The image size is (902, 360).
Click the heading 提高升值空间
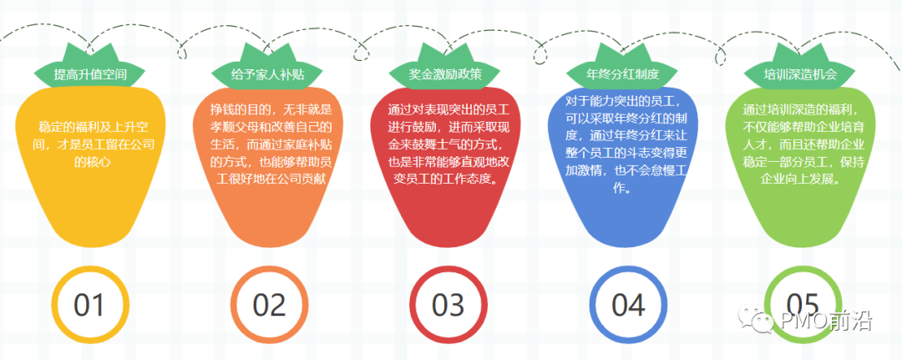90,74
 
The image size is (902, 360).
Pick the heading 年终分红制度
623,74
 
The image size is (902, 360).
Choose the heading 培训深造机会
800,74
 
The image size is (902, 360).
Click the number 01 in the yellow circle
89,305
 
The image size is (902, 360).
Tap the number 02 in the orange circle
268,305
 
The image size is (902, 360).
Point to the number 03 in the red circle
447,305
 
